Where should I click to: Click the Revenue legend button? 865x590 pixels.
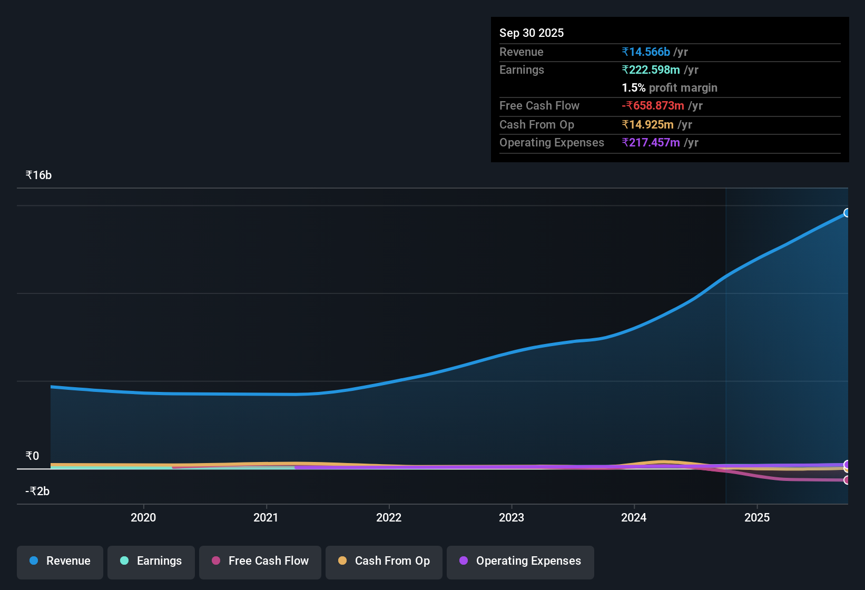click(60, 562)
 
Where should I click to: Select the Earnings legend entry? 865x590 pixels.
click(151, 562)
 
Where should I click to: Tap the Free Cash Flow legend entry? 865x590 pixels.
click(260, 562)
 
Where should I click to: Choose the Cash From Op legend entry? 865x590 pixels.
click(384, 562)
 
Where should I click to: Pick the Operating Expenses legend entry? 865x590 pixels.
click(520, 562)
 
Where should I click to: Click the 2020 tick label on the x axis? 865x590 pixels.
click(143, 518)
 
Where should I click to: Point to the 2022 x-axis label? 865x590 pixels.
click(389, 518)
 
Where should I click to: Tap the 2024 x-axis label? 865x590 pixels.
click(634, 518)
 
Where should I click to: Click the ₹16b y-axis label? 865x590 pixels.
click(38, 175)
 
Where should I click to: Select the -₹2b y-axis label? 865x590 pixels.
click(37, 491)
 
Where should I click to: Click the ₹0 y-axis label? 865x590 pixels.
click(32, 456)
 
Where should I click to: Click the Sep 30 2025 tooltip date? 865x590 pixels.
click(531, 33)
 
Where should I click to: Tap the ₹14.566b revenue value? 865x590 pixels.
click(646, 52)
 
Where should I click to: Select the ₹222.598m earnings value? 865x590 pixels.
click(651, 70)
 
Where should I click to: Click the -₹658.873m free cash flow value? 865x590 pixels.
click(653, 106)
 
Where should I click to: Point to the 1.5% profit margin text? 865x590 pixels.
click(669, 88)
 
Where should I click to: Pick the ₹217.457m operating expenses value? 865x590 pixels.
click(651, 143)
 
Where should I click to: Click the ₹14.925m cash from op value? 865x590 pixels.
click(647, 125)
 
